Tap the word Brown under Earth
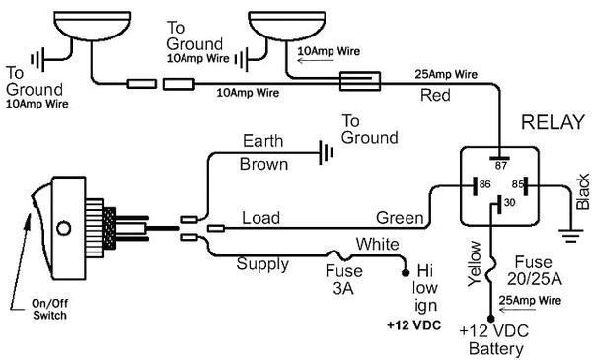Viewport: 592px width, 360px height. click(264, 165)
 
